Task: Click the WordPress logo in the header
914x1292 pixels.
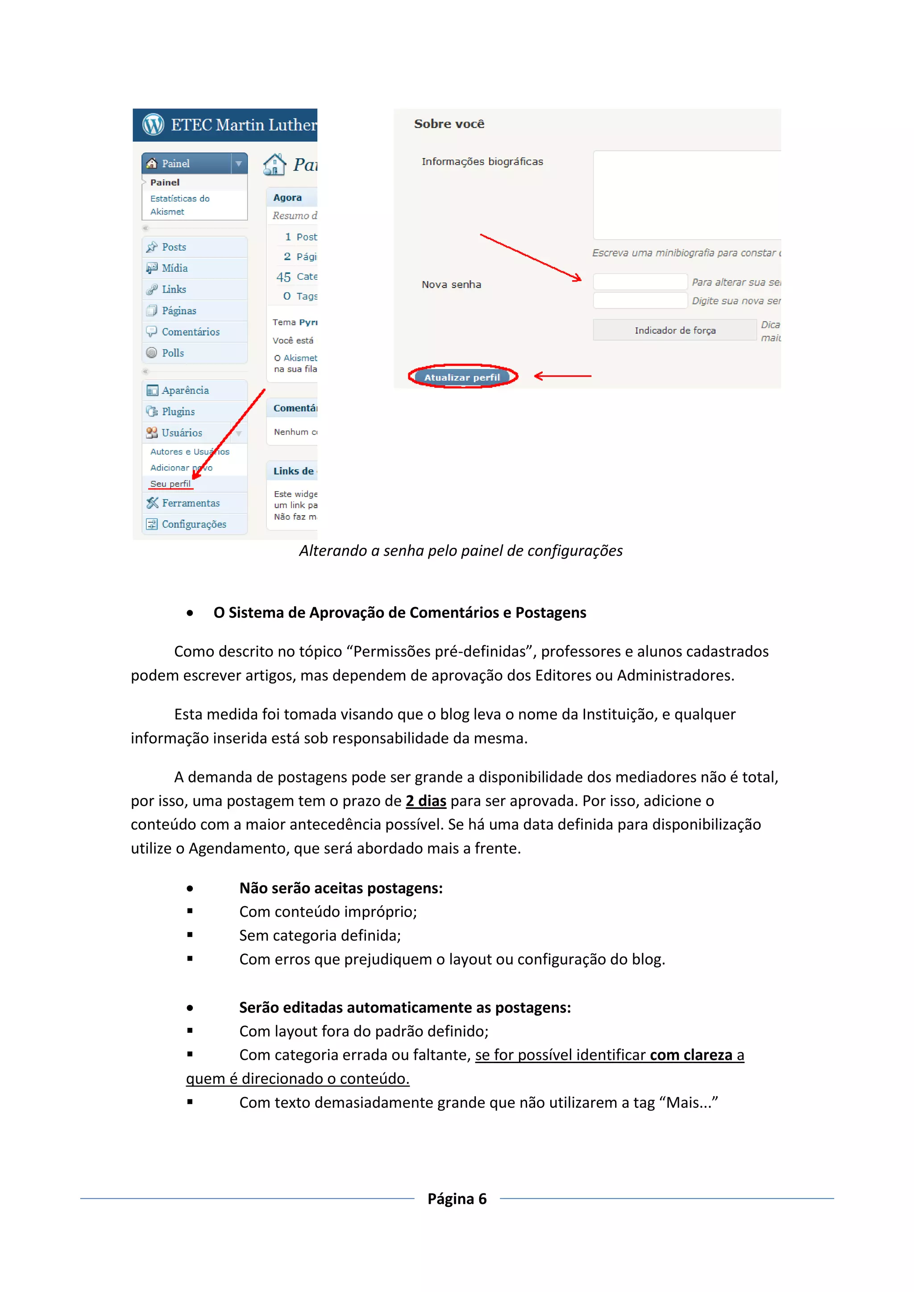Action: tap(153, 124)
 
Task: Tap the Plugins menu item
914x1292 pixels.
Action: tap(178, 411)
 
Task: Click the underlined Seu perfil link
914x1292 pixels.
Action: tap(170, 484)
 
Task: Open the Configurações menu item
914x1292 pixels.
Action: tap(194, 525)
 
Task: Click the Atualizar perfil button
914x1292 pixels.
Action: tap(462, 377)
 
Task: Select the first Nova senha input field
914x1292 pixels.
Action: tap(640, 282)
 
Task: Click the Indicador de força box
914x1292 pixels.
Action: tap(674, 330)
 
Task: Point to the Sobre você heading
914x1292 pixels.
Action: tap(449, 124)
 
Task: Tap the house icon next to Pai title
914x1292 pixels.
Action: tap(274, 164)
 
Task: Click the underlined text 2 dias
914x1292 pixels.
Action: tap(426, 801)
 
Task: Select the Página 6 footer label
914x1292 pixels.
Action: tap(457, 1199)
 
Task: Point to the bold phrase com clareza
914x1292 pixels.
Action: tap(690, 1055)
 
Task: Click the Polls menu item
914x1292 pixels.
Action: tap(172, 353)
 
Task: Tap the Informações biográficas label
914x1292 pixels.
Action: tap(482, 161)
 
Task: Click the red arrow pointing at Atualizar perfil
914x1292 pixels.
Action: tap(562, 376)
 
